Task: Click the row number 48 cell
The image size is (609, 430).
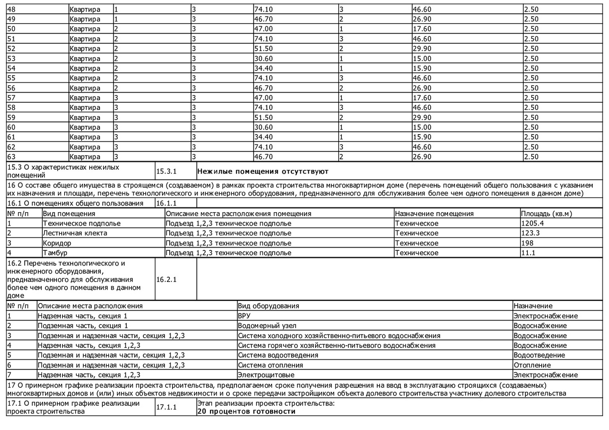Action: coord(11,9)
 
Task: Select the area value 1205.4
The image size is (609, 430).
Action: coord(532,224)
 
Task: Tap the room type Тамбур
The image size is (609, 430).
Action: coord(55,253)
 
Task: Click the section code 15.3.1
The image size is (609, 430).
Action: coord(166,171)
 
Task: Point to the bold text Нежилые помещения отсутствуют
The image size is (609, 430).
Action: coord(263,171)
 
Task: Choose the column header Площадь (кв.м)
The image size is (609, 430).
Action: coord(546,214)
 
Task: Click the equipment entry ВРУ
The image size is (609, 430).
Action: coord(244,316)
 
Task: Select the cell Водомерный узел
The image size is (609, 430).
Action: coord(267,326)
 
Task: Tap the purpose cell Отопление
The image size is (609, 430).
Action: coord(532,365)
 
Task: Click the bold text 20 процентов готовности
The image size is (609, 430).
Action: coord(246,411)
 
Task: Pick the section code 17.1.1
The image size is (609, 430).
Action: coord(166,407)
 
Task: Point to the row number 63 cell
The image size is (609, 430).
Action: coord(11,157)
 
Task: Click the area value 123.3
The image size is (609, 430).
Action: coord(530,233)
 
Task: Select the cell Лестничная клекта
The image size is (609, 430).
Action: coord(75,233)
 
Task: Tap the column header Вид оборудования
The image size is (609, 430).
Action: coord(268,306)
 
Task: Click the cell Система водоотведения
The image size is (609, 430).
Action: coord(278,355)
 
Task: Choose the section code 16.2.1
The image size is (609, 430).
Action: coord(166,279)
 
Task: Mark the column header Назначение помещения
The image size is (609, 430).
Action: coord(434,214)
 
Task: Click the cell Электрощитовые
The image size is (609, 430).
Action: coord(266,375)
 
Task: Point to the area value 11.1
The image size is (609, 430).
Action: coord(528,253)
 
